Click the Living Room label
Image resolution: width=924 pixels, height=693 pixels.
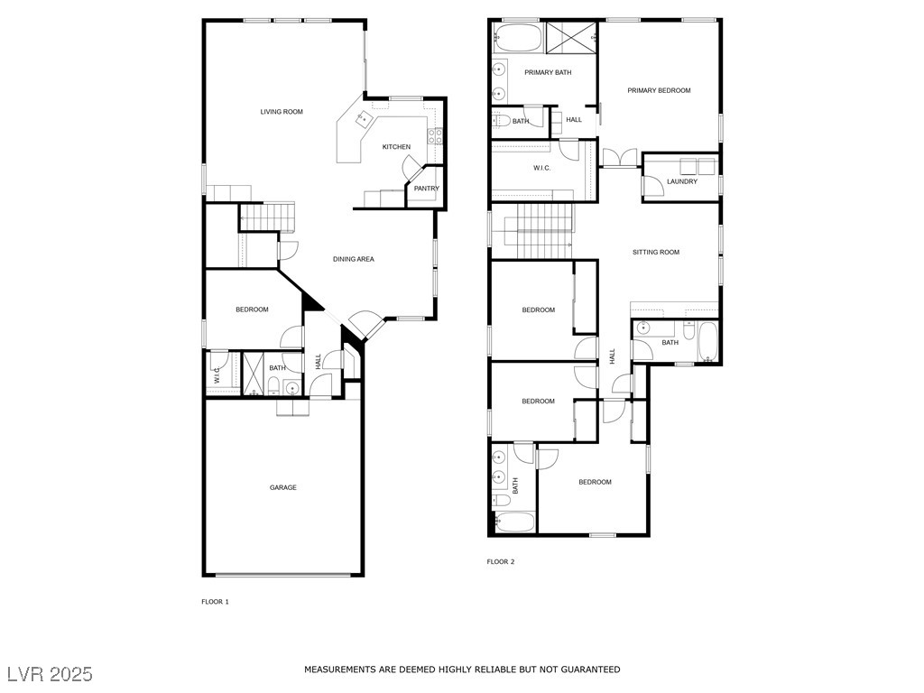click(282, 111)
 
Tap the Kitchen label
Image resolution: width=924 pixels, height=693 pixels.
click(397, 147)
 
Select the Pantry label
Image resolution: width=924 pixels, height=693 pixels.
click(427, 189)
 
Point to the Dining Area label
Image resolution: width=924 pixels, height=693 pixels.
click(354, 259)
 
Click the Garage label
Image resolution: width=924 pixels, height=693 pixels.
click(282, 487)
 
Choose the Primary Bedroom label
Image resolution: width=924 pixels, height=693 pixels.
click(659, 90)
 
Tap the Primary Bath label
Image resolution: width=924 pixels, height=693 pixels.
click(548, 72)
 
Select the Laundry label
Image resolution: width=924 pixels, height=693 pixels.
click(682, 181)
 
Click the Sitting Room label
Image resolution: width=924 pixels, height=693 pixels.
click(656, 253)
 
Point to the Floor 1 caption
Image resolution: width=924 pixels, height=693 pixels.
click(215, 602)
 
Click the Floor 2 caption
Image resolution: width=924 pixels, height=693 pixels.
click(501, 561)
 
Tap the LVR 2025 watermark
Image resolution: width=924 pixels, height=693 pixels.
click(51, 673)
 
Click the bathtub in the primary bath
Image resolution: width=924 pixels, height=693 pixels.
click(517, 38)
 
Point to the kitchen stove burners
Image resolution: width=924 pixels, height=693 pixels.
click(436, 136)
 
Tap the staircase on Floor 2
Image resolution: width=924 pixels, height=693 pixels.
click(538, 231)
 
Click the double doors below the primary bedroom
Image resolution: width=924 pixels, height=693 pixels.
click(619, 158)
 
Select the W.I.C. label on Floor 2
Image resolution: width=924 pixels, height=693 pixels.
click(542, 168)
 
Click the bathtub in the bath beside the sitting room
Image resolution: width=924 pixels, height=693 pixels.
click(707, 342)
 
